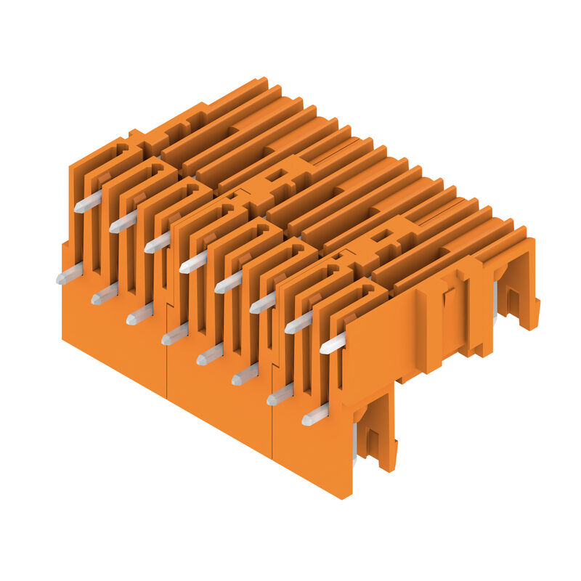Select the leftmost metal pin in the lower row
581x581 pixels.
tap(69, 274)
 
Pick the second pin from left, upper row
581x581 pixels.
tap(123, 222)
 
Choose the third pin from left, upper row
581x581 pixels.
tap(158, 242)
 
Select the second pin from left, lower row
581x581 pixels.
tap(105, 294)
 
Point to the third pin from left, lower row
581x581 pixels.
tap(139, 314)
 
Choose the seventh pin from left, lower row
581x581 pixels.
tap(280, 394)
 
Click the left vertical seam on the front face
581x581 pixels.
tap(168, 370)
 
